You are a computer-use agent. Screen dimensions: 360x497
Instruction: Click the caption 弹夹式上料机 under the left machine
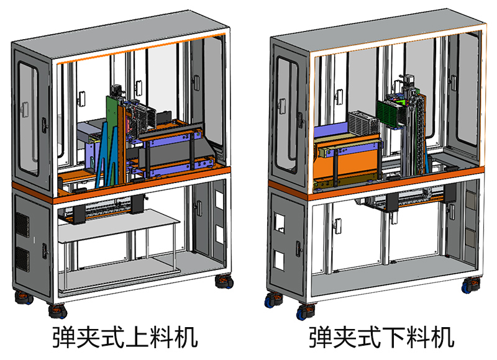(124, 338)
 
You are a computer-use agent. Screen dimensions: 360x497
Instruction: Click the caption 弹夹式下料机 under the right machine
(381, 338)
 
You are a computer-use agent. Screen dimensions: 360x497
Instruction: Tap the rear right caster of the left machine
(224, 282)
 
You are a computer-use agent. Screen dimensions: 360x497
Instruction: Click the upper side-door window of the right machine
(288, 115)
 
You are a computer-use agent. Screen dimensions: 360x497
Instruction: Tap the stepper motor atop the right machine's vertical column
(402, 81)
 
